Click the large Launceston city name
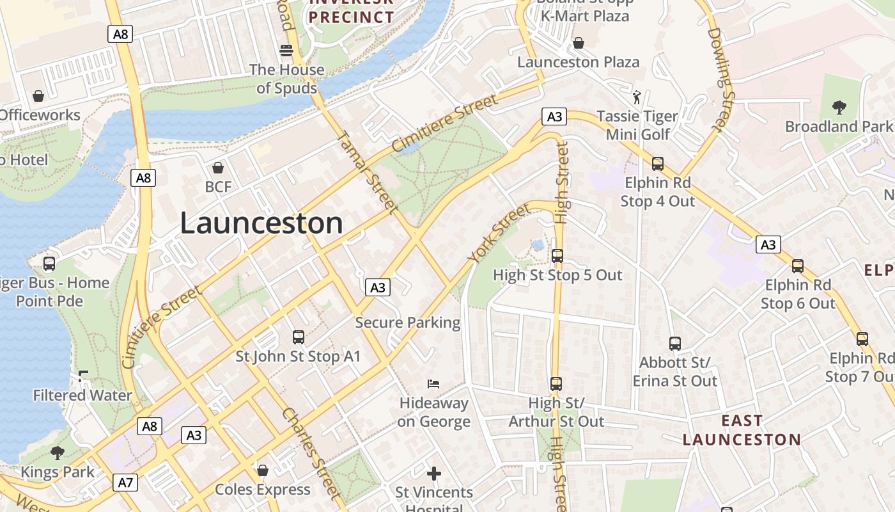tap(261, 223)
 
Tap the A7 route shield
tap(125, 482)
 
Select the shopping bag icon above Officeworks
tap(38, 96)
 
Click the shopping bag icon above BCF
tap(218, 168)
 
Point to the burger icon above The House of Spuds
tap(286, 50)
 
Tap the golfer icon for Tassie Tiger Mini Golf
tap(637, 97)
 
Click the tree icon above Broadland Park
tap(839, 108)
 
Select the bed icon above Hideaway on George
tap(433, 384)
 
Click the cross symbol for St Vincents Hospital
tap(434, 474)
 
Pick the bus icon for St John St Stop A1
tap(298, 337)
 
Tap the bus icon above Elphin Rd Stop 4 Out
tap(657, 164)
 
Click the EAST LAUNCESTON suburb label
tap(742, 430)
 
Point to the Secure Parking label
tap(408, 323)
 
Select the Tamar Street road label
tap(367, 172)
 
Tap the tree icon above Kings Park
tap(58, 453)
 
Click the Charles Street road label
tap(312, 453)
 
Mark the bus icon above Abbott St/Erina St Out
tap(675, 343)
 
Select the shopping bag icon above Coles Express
tap(262, 470)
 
